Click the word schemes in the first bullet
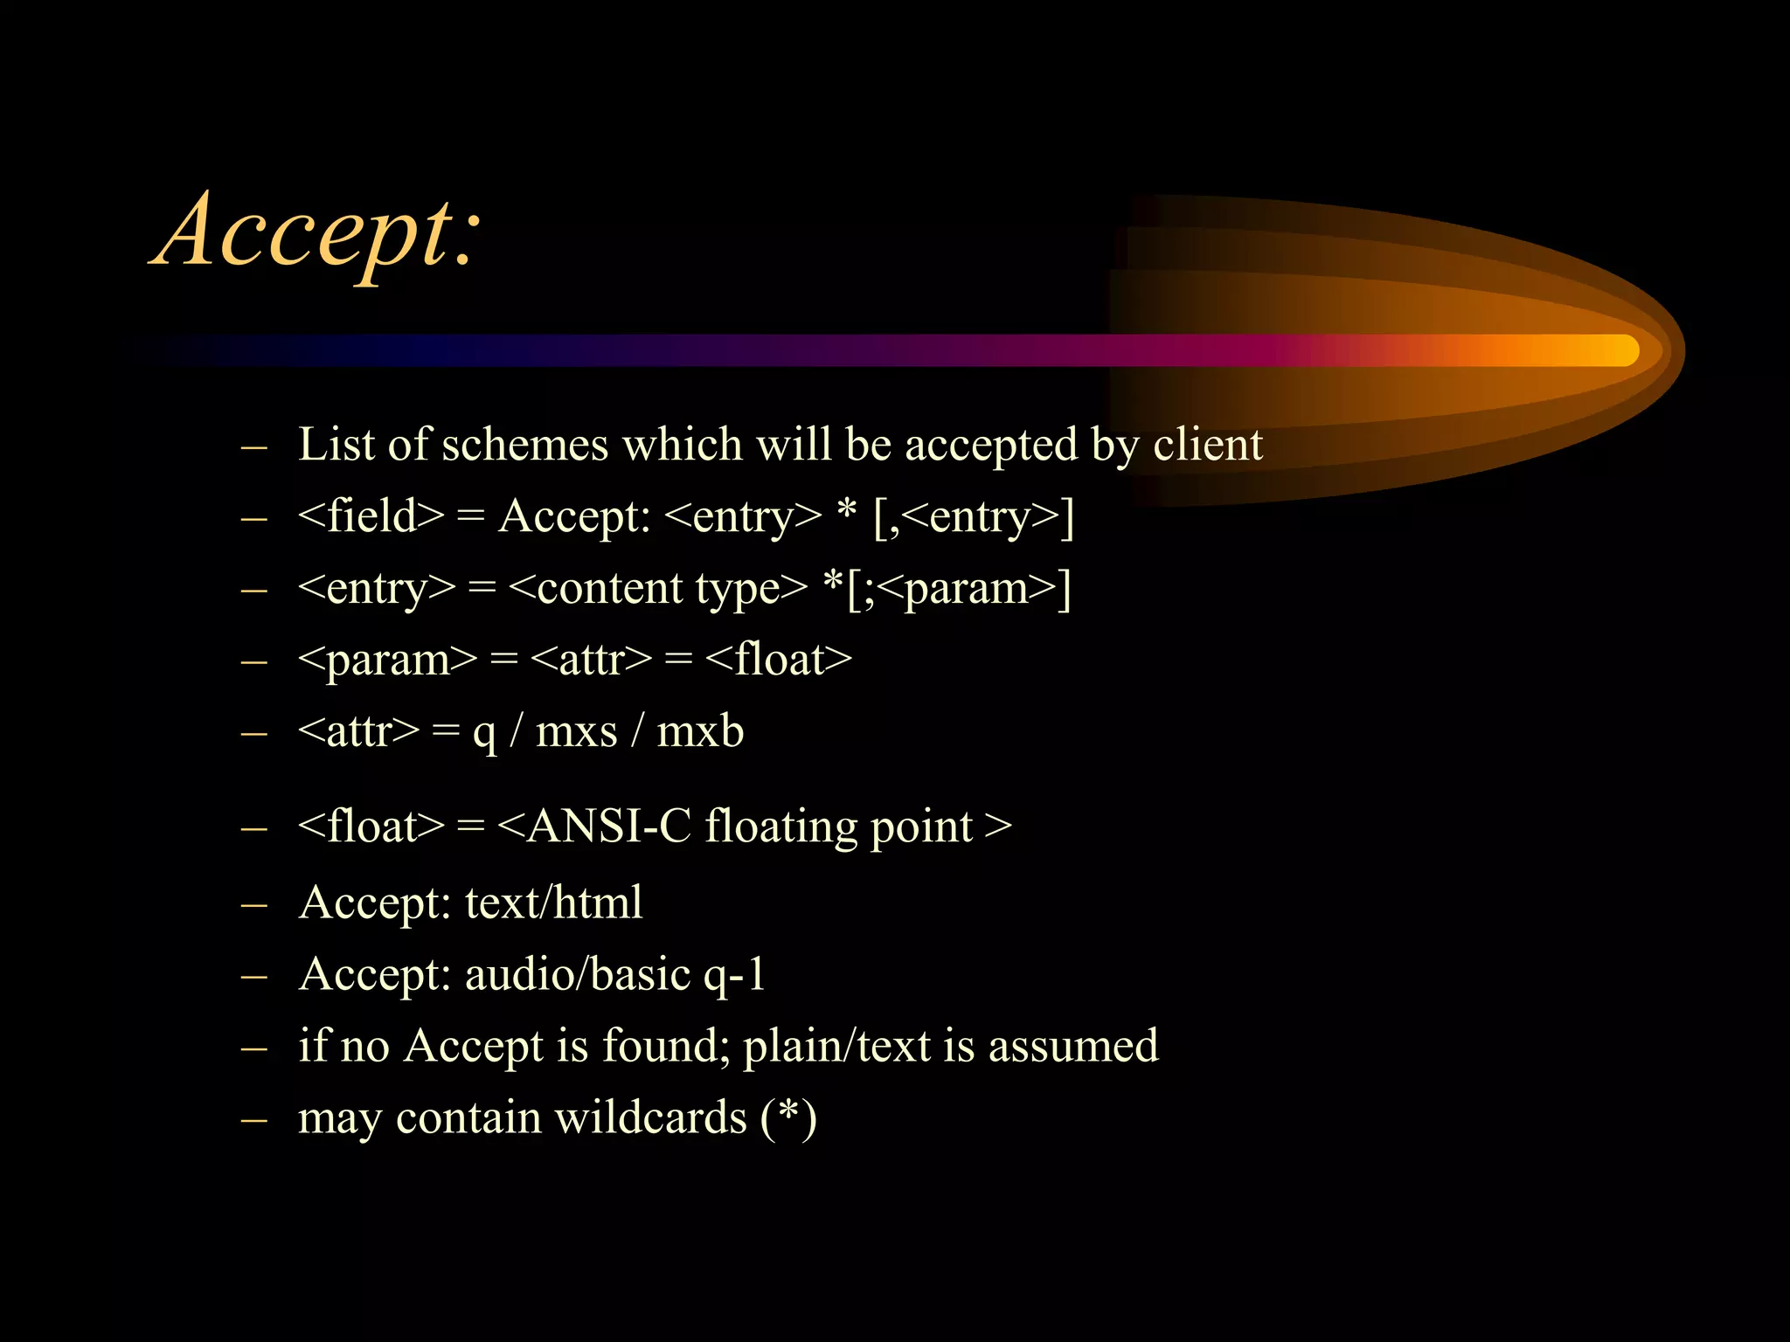(x=524, y=445)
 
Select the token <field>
(x=371, y=516)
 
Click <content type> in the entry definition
(x=657, y=588)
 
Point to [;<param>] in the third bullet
(x=958, y=588)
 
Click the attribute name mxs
(x=576, y=731)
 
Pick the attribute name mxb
(x=700, y=731)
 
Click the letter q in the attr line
(x=484, y=734)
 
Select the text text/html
(x=554, y=903)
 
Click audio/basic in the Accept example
(x=578, y=974)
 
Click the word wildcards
(x=650, y=1117)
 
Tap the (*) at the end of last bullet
(x=788, y=1117)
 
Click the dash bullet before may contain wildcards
(x=253, y=1119)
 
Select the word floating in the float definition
(x=781, y=827)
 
